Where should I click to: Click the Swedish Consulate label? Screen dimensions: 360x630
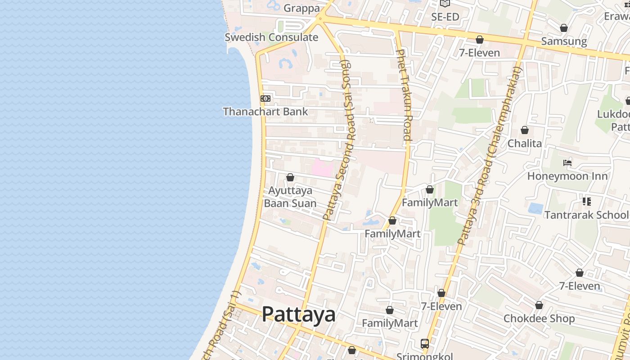click(x=271, y=37)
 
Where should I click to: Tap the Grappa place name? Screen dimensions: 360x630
click(x=301, y=8)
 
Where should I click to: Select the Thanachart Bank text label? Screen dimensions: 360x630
click(x=265, y=112)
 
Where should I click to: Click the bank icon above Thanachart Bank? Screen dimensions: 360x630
click(x=265, y=98)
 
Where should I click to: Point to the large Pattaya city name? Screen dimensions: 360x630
click(x=298, y=314)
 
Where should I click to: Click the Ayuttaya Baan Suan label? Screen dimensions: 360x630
click(x=290, y=197)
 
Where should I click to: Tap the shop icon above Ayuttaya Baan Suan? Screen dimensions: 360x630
click(x=290, y=178)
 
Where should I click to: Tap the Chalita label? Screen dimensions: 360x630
click(x=525, y=144)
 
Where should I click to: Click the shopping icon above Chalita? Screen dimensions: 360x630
click(x=525, y=130)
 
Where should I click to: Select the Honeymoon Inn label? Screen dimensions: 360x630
click(x=567, y=176)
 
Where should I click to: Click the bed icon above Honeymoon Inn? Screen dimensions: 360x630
click(x=567, y=163)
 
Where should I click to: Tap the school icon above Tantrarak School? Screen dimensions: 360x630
click(x=586, y=201)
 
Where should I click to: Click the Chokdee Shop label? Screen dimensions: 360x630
click(x=539, y=319)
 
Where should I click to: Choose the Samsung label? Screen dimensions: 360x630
click(x=564, y=41)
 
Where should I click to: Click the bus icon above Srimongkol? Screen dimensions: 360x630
click(x=424, y=344)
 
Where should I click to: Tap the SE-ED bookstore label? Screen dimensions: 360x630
click(x=445, y=17)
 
